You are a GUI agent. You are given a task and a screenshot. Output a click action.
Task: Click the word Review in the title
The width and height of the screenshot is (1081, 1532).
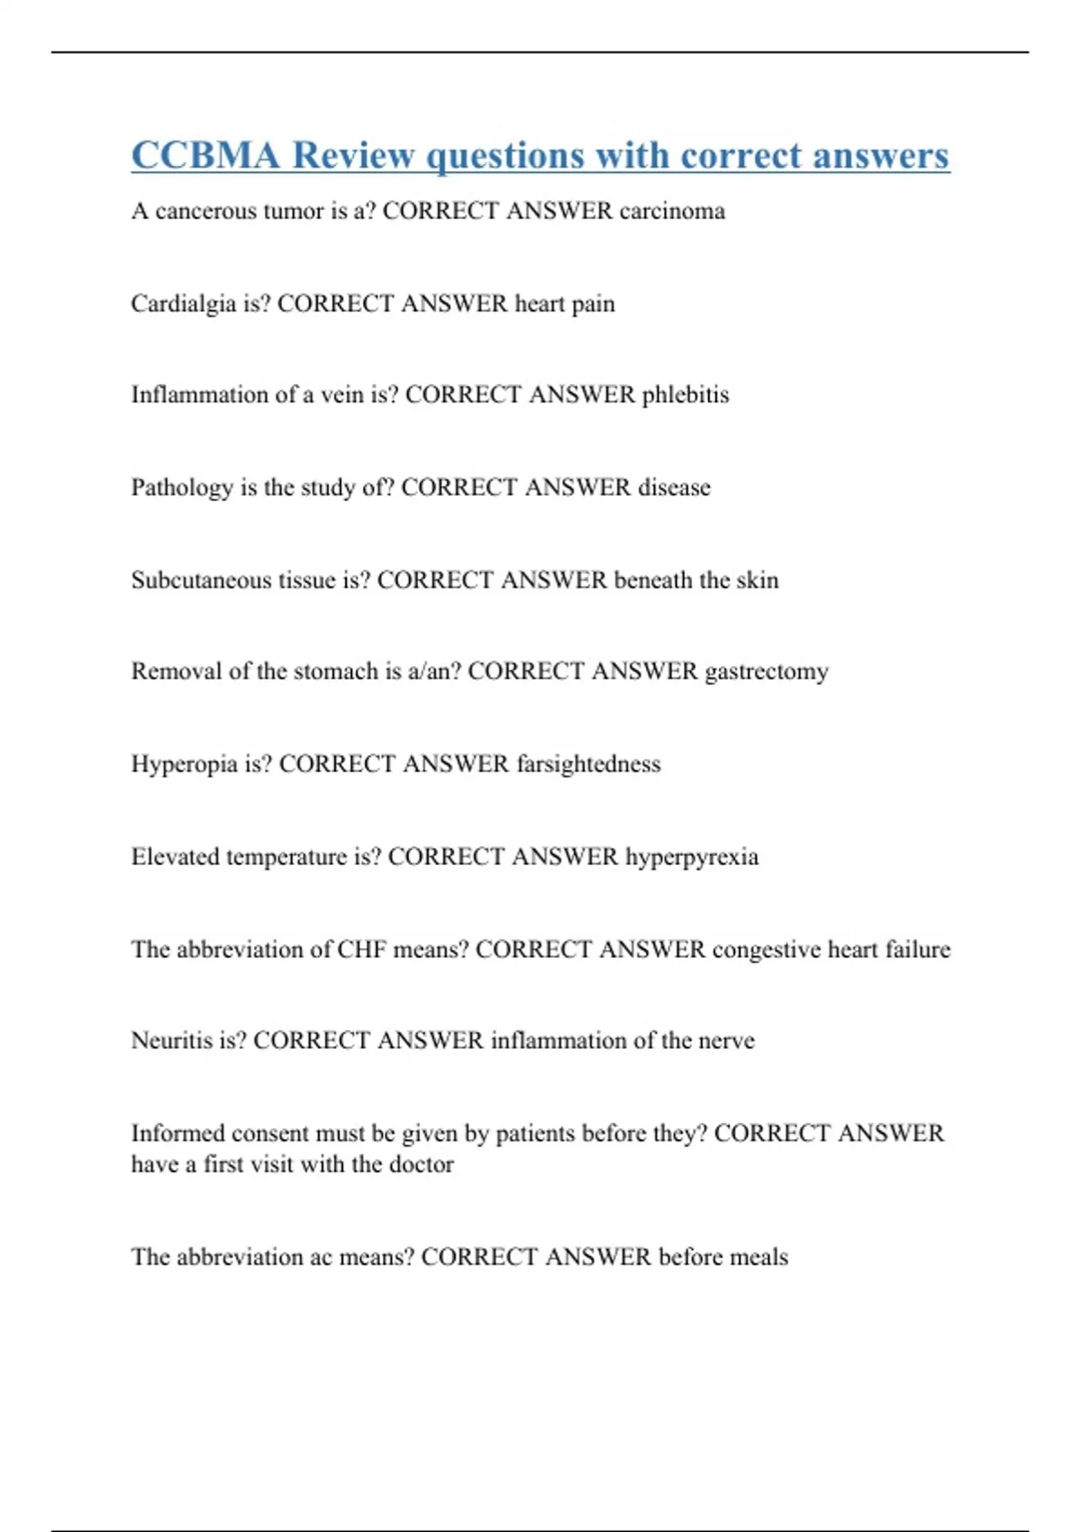[x=353, y=155]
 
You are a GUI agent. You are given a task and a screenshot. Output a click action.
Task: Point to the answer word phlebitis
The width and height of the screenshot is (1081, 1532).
[x=685, y=395]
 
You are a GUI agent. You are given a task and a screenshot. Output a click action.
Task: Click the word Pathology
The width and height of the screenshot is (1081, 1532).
[x=182, y=488]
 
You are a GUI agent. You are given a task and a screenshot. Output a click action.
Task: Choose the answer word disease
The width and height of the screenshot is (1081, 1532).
[x=674, y=488]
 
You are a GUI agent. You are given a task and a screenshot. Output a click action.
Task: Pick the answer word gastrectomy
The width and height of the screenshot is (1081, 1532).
[x=767, y=672]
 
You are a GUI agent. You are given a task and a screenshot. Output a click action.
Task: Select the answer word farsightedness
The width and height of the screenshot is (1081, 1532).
[x=588, y=764]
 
